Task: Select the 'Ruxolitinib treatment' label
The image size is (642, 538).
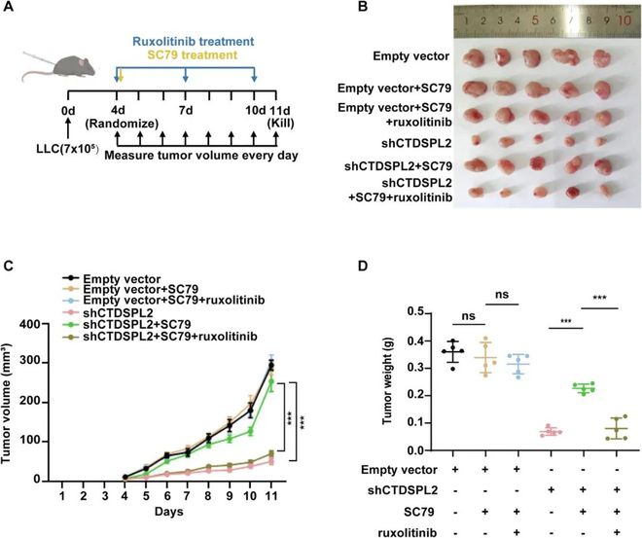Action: pyautogui.click(x=186, y=43)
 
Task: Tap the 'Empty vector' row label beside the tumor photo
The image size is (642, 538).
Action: pyautogui.click(x=415, y=57)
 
